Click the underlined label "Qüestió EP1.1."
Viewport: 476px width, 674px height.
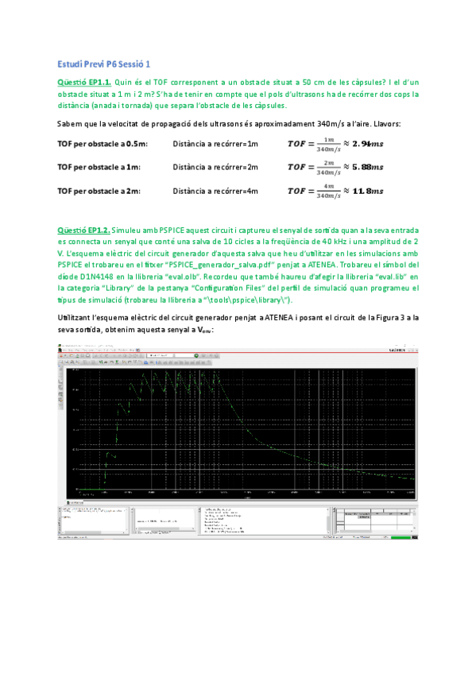[85, 82]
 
